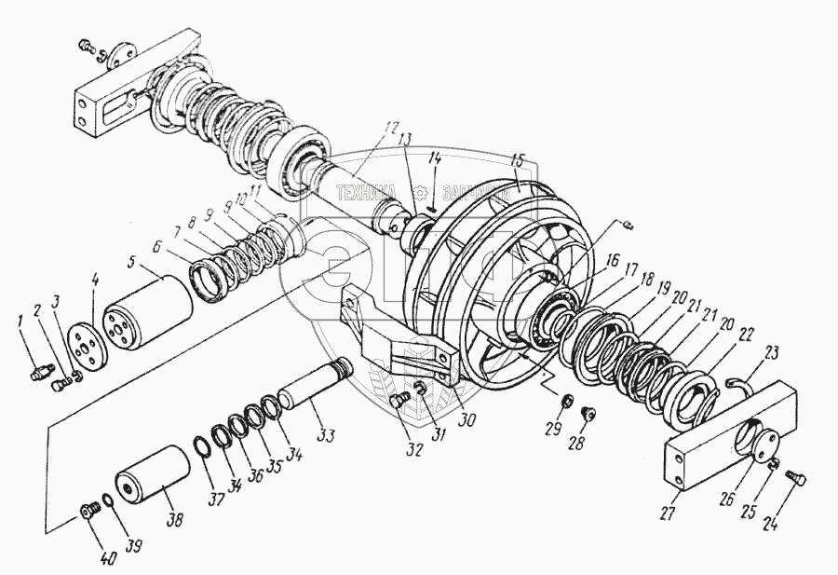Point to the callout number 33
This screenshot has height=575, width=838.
click(x=326, y=434)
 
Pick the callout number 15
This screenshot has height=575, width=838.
click(x=518, y=159)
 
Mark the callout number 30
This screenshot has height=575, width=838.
click(x=466, y=421)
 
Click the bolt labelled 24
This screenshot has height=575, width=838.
click(x=795, y=478)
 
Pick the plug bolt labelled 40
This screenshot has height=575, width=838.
click(x=90, y=511)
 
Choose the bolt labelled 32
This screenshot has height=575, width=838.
click(x=399, y=402)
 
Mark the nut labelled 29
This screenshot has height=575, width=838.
click(x=563, y=402)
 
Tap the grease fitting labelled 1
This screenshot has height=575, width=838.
click(x=39, y=373)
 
